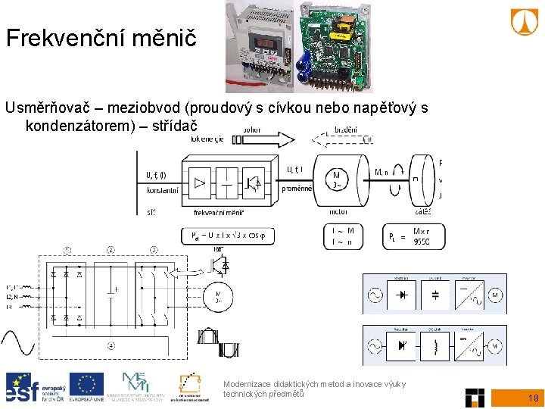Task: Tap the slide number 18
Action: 533,398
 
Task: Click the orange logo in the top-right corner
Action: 524,22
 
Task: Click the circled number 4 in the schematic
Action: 112,346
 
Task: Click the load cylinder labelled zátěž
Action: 422,179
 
